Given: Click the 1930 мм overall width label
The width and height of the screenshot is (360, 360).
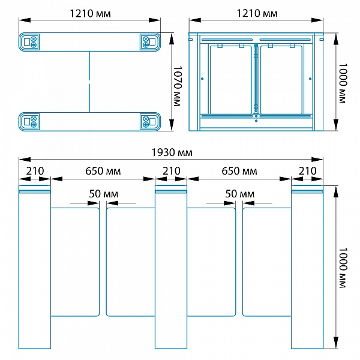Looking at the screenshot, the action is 172,152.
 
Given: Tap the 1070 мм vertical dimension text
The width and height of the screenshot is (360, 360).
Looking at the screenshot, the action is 177,86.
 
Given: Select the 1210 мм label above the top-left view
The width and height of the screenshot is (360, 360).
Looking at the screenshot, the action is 90,14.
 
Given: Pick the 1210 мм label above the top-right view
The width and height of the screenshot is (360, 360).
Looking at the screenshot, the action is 257,14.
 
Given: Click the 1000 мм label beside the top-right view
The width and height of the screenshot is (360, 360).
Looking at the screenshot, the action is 343,83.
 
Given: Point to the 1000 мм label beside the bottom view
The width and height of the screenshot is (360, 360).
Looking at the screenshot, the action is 343,268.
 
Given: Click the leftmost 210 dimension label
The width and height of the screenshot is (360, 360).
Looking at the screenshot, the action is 35,171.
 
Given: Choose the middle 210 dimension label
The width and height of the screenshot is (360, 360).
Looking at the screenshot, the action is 172,171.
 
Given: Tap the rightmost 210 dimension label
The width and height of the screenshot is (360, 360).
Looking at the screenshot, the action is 308,171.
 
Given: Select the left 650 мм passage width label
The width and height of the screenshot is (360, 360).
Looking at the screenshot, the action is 103,171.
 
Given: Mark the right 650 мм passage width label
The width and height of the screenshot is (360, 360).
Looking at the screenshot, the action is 239,171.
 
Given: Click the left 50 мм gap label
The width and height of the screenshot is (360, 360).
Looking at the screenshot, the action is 104,194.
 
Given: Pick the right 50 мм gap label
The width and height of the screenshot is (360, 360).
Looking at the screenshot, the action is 240,194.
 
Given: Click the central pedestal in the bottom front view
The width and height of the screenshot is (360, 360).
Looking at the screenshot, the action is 171,267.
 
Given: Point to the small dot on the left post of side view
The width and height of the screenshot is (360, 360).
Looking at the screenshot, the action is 202,79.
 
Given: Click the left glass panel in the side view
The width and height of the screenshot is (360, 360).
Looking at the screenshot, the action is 231,80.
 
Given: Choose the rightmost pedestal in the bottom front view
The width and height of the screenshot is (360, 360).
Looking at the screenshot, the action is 307,267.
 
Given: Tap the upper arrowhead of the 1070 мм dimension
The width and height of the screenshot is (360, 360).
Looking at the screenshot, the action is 171,38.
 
